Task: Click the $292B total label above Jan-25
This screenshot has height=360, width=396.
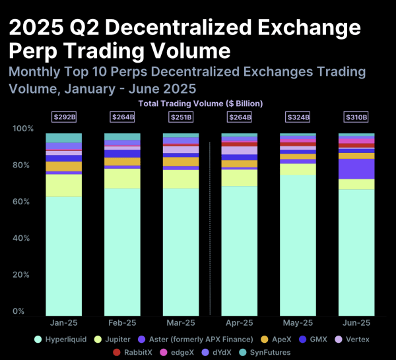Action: coord(63,117)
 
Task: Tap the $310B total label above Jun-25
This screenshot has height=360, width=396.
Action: coord(356,117)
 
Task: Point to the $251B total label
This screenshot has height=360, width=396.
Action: coord(181,117)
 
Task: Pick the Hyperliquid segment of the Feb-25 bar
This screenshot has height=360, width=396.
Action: coord(122,251)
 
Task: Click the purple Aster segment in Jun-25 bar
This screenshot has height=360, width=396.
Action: coord(356,169)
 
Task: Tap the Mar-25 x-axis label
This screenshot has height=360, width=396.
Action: coord(181,324)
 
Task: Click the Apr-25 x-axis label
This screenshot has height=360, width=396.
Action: coord(239,324)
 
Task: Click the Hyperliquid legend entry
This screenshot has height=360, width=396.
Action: coord(63,340)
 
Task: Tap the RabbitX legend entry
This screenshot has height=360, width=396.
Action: coord(133,353)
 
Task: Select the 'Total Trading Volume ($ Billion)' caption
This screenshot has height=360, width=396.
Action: coord(201,104)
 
